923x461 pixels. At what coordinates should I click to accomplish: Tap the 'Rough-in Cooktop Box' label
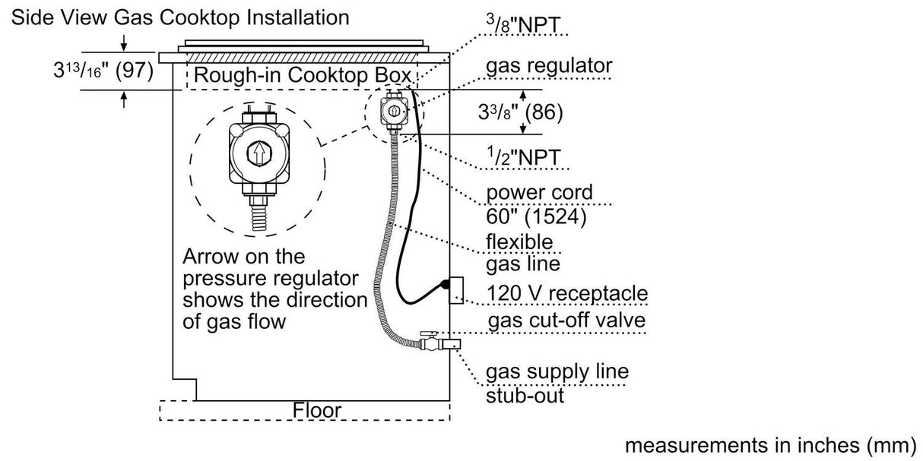[x=303, y=76]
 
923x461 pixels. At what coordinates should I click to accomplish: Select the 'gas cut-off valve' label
[x=566, y=320]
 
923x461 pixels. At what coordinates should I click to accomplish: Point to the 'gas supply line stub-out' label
[x=557, y=384]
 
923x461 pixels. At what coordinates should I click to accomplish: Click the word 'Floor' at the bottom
[x=317, y=411]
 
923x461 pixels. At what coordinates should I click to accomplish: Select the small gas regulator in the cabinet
[x=395, y=111]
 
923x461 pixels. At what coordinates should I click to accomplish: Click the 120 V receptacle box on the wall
[x=456, y=289]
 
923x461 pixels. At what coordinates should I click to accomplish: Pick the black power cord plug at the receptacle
[x=442, y=286]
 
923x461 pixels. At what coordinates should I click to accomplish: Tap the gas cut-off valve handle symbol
[x=429, y=333]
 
